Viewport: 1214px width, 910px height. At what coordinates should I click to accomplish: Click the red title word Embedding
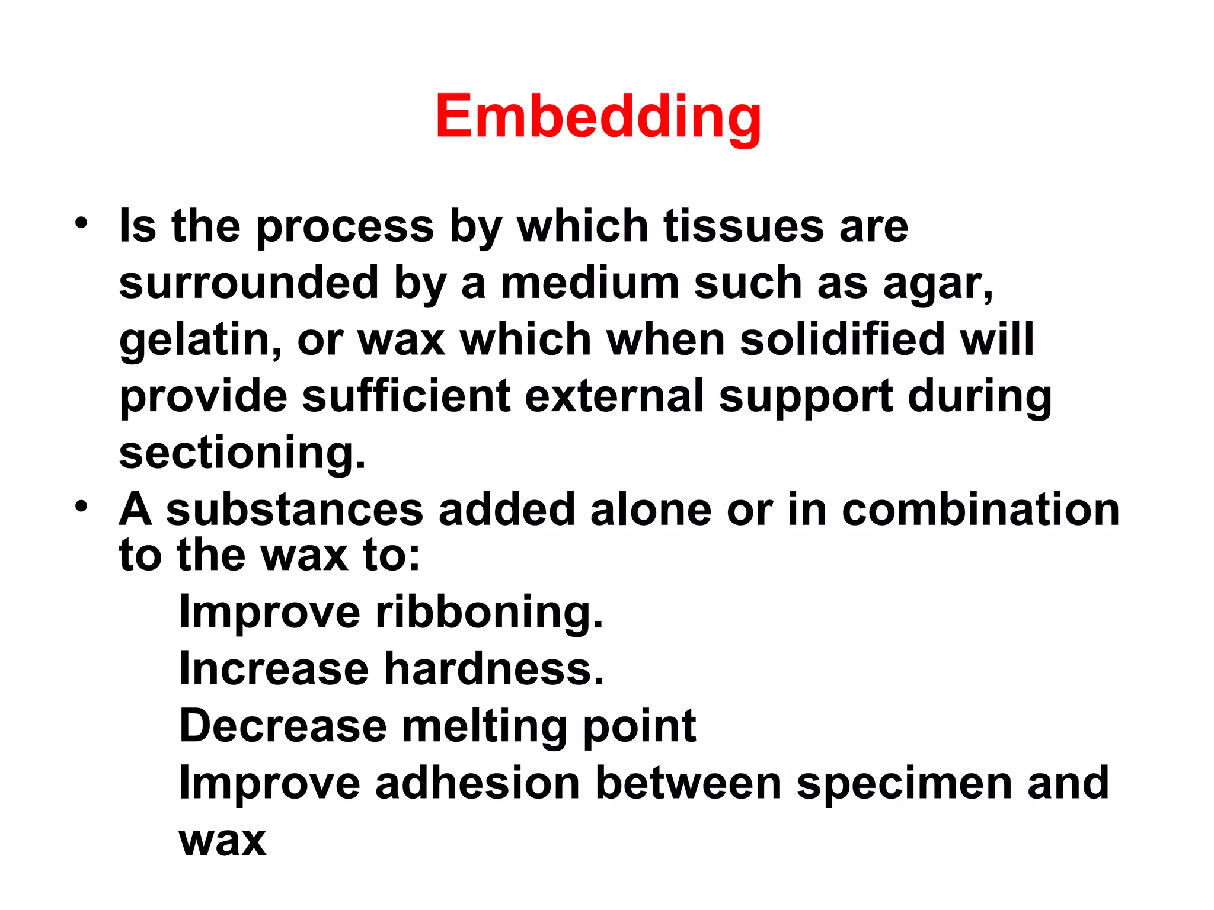coord(598,117)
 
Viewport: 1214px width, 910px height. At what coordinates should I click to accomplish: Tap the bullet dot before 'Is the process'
coord(81,224)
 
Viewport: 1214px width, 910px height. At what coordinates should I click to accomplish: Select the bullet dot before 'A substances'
coord(81,507)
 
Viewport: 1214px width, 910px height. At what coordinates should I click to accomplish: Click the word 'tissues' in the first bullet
coord(743,226)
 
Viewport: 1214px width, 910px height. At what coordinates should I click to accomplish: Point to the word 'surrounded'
coord(248,283)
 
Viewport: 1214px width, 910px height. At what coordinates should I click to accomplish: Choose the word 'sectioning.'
coord(242,453)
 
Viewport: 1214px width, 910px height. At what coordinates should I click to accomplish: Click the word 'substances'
coord(294,510)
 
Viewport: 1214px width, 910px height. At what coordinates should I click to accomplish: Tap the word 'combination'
coord(980,510)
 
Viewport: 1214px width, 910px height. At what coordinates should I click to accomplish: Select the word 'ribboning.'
coord(489,612)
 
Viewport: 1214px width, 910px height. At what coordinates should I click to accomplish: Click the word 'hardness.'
coord(494,669)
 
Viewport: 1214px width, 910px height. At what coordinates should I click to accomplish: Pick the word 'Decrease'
coord(283,726)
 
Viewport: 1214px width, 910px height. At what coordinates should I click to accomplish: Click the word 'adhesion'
coord(477,783)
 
